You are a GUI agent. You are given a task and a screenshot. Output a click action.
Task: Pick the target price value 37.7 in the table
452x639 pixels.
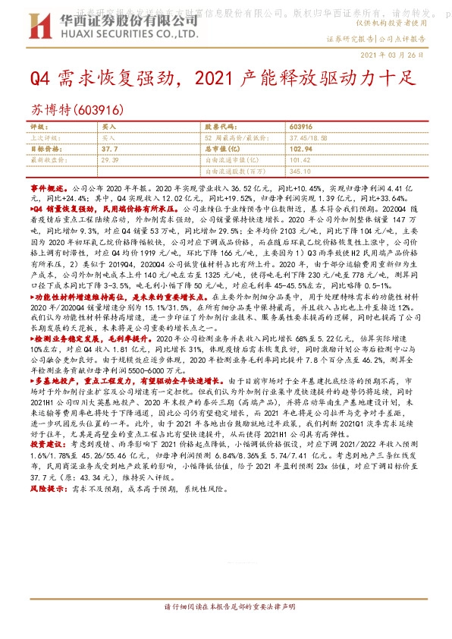[109, 150]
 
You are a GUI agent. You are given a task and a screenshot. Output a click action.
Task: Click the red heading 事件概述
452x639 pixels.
[49, 185]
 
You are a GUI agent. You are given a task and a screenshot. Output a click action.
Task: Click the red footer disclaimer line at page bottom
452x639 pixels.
[226, 629]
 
